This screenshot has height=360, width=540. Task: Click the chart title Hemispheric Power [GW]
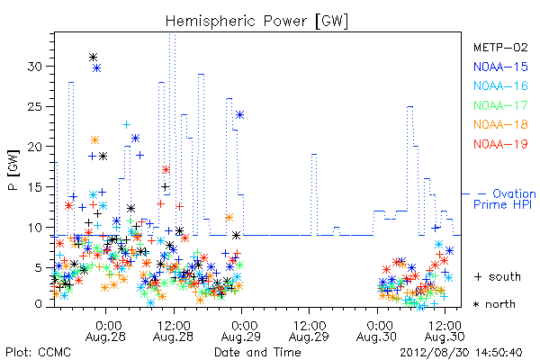pos(256,22)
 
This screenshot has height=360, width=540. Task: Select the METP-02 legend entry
pos(500,47)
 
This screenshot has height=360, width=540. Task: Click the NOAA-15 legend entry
pos(500,67)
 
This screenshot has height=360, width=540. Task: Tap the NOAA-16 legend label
pos(500,85)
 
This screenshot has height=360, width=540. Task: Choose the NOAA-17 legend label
pos(500,105)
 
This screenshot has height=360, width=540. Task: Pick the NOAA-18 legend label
pos(500,124)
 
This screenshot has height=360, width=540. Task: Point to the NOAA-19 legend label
pos(500,144)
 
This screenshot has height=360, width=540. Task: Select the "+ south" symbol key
pos(498,276)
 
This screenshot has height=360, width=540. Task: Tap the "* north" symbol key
pos(494,304)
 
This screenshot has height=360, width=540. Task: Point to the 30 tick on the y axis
pos(35,66)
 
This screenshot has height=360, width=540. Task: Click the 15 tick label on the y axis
pos(35,187)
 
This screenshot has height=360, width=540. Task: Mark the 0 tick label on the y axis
pos(39,304)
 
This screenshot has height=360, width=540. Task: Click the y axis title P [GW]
pos(13,170)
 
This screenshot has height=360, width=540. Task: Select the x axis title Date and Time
pos(257,352)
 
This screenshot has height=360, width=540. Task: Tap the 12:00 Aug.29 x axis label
pos(309,331)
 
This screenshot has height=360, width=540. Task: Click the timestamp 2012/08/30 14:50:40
pos(461,353)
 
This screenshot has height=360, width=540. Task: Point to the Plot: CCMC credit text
pos(38,353)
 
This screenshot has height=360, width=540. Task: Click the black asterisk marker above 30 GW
pos(93,57)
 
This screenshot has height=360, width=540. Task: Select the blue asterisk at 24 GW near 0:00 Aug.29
pos(239,114)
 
